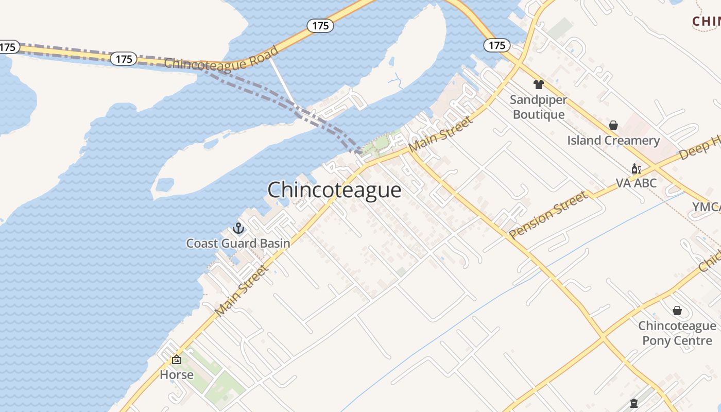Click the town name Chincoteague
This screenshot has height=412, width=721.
334,190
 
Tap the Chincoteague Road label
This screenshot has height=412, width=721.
221,58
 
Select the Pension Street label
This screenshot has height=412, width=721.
548,215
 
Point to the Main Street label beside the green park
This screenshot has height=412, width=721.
441,134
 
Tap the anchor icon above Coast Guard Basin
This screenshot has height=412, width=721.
238,228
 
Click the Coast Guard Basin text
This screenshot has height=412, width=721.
238,243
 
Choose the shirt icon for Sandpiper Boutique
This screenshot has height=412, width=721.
539,84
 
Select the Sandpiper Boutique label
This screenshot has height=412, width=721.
539,107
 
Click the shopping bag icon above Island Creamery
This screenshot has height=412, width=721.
613,125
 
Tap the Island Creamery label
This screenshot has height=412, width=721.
613,141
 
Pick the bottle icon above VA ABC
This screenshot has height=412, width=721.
637,168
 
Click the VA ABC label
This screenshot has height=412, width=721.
637,183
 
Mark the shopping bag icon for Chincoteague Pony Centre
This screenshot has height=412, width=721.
677,311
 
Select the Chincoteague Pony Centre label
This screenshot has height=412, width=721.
677,333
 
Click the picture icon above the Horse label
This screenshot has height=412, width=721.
177,359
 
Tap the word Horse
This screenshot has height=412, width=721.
177,374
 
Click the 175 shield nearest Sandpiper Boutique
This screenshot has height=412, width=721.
497,45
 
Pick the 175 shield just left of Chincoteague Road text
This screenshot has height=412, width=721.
124,59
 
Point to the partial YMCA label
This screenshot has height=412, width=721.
706,207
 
